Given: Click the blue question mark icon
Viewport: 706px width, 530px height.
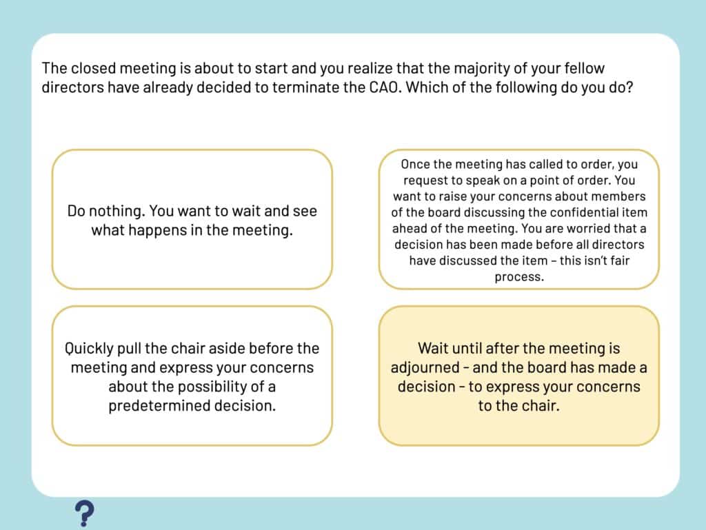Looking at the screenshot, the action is pyautogui.click(x=84, y=513).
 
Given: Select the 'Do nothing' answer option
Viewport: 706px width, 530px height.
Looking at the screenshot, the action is pyautogui.click(x=192, y=219).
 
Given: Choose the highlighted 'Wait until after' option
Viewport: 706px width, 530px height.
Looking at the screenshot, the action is pyautogui.click(x=518, y=376).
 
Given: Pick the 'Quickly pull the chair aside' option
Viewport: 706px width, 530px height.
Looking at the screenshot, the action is pyautogui.click(x=192, y=376).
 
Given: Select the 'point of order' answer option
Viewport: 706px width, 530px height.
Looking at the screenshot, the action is pyautogui.click(x=518, y=219).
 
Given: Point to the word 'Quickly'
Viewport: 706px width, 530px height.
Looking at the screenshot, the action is pyautogui.click(x=89, y=349).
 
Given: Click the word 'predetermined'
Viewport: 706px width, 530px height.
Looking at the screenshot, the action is pyautogui.click(x=159, y=405).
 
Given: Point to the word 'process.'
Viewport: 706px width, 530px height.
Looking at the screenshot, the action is pyautogui.click(x=519, y=277).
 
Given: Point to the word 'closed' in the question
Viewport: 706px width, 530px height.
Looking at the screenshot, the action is pyautogui.click(x=93, y=68).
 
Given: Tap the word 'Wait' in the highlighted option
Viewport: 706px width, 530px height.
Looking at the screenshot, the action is pyautogui.click(x=433, y=348).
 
